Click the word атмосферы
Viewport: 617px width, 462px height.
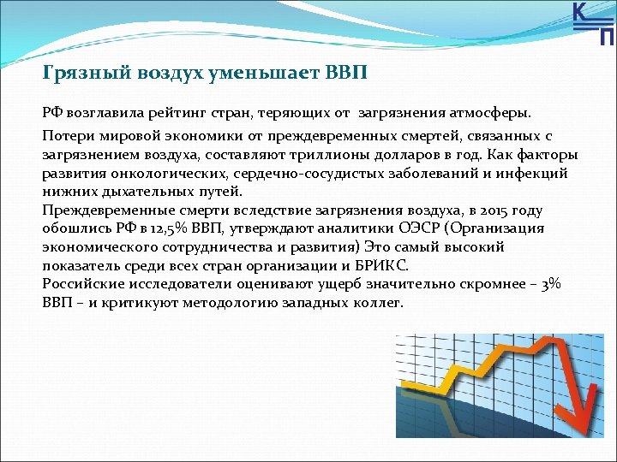click(x=491, y=112)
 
